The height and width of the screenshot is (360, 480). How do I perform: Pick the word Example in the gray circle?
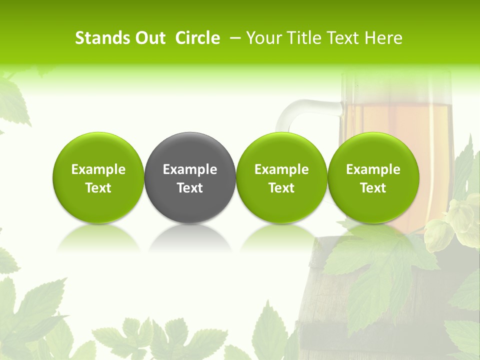190,169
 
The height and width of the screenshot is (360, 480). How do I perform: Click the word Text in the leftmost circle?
98,188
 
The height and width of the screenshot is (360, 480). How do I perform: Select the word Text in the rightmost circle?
373,188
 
